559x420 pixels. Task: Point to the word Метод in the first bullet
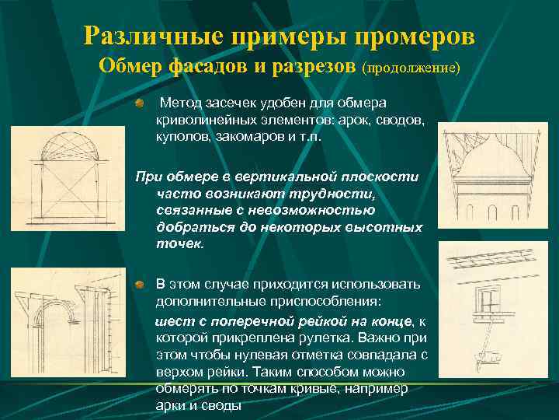coord(179,103)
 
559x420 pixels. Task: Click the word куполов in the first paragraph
coord(181,135)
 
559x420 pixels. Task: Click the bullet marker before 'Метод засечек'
coord(138,103)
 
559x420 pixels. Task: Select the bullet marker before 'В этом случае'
coord(138,284)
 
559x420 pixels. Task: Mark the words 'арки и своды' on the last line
coord(199,406)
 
